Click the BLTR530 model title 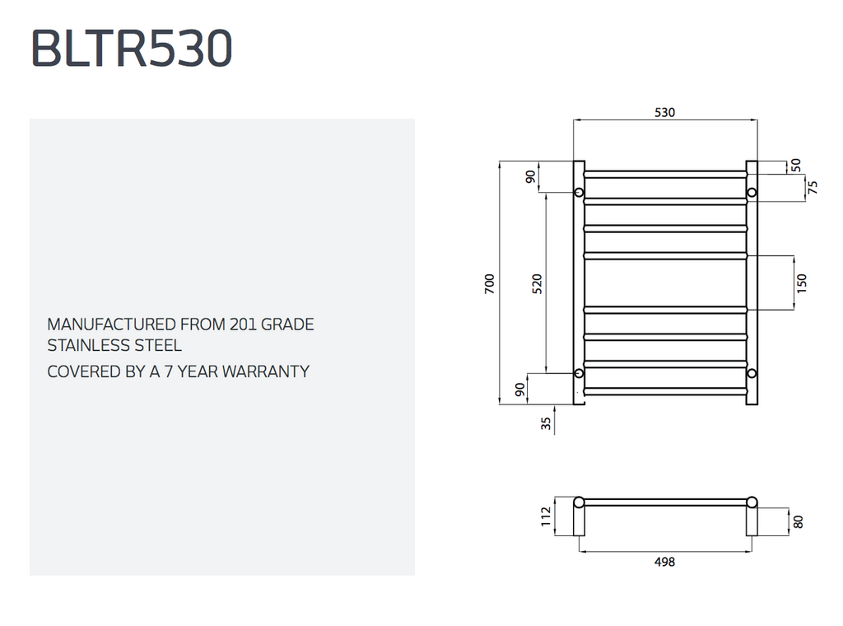pyautogui.click(x=132, y=48)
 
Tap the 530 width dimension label pyautogui.click(x=664, y=112)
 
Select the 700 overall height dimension pyautogui.click(x=489, y=283)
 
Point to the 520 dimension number pyautogui.click(x=537, y=283)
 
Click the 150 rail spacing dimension pyautogui.click(x=802, y=283)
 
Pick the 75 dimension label pyautogui.click(x=813, y=188)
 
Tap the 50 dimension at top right pyautogui.click(x=796, y=165)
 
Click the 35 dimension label pyautogui.click(x=547, y=423)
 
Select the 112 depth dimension pyautogui.click(x=547, y=516)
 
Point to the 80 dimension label pyautogui.click(x=798, y=521)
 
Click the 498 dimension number pyautogui.click(x=664, y=562)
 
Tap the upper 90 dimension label pyautogui.click(x=530, y=176)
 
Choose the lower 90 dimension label pyautogui.click(x=519, y=390)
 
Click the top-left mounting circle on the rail pyautogui.click(x=579, y=192)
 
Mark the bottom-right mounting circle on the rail pyautogui.click(x=752, y=373)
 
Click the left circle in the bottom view pyautogui.click(x=579, y=502)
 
